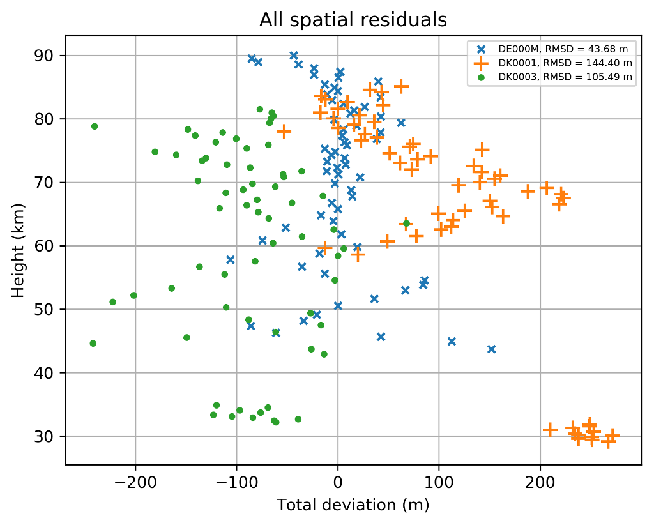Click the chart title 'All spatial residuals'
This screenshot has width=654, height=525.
pyautogui.click(x=353, y=20)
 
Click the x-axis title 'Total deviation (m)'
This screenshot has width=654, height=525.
pyautogui.click(x=353, y=505)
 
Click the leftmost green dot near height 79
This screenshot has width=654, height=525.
pyautogui.click(x=95, y=126)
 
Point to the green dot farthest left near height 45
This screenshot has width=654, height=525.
pyautogui.click(x=93, y=343)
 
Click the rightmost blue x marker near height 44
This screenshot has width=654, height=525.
pyautogui.click(x=491, y=349)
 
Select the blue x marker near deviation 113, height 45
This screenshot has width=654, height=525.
pyautogui.click(x=452, y=341)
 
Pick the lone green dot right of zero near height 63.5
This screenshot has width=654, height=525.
pyautogui.click(x=406, y=224)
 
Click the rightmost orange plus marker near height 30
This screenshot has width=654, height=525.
pyautogui.click(x=612, y=436)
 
